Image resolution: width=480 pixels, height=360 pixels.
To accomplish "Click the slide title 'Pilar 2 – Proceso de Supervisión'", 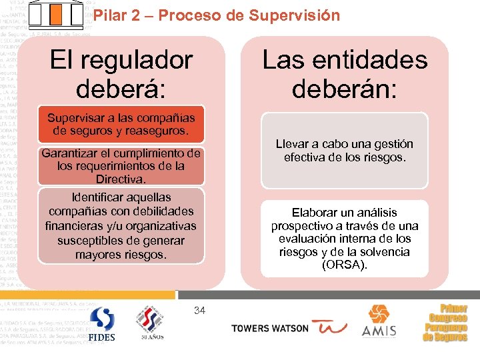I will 216,15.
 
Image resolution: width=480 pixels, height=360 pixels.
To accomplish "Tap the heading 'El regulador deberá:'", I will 121,73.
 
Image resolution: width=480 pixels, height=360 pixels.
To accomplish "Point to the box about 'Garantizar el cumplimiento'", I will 121,166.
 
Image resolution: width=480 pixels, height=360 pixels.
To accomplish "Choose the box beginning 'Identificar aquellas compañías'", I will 121,226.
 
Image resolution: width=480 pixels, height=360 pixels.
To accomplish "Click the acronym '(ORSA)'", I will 344,265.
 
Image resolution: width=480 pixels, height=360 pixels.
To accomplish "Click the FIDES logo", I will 102,323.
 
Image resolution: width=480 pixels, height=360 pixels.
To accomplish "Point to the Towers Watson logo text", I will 269,328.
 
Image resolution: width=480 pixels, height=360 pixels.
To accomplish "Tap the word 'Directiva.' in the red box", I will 121,179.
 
